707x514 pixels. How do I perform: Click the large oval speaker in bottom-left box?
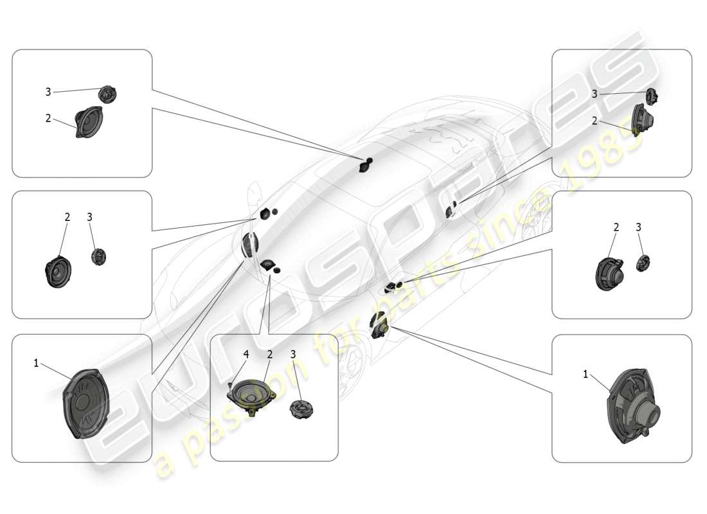click(86, 403)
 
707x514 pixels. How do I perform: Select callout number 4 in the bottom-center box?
click(246, 354)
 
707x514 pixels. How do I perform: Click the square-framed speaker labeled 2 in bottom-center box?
click(251, 394)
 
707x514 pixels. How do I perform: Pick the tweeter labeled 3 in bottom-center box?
click(301, 409)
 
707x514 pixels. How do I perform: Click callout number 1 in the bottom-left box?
click(37, 363)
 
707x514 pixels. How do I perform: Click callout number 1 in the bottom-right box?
click(586, 374)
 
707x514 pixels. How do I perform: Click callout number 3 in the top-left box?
click(48, 92)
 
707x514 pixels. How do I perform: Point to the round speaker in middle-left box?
click(58, 272)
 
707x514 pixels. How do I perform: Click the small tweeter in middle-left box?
click(98, 256)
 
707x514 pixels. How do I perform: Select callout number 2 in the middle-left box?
click(67, 217)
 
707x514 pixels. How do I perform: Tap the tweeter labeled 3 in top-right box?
click(650, 96)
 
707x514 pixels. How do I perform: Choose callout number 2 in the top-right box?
click(595, 120)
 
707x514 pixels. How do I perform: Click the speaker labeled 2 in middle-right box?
click(609, 274)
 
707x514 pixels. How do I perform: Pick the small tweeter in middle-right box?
click(643, 263)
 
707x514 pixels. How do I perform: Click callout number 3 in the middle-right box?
click(638, 227)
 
